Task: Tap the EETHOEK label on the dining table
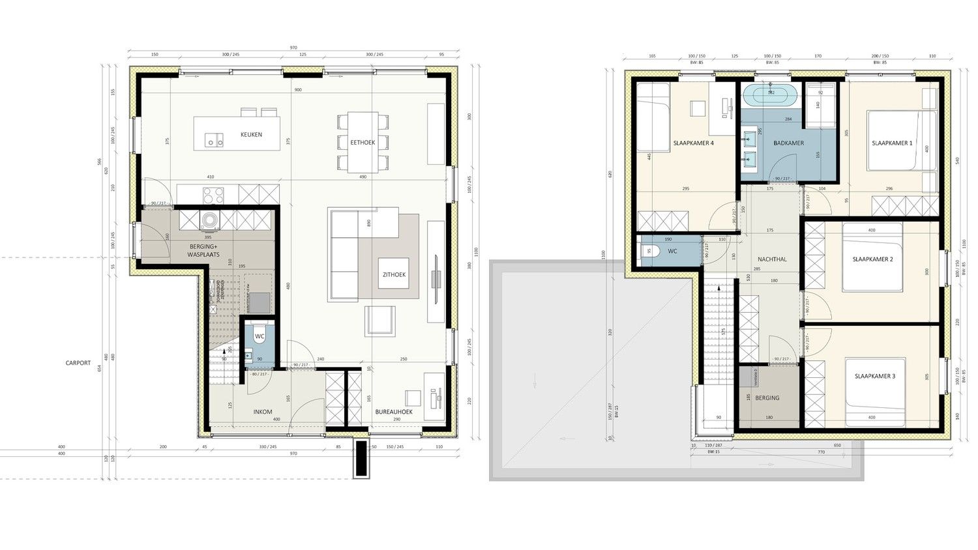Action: tap(363, 143)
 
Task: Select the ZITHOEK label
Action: tap(394, 275)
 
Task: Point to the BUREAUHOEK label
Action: tap(394, 412)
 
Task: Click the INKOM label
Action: tap(263, 412)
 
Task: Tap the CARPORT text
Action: tap(78, 363)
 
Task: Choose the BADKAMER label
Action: tap(788, 143)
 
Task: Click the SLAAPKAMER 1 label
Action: tap(892, 143)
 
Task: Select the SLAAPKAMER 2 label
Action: tap(872, 259)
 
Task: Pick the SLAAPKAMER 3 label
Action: tap(874, 377)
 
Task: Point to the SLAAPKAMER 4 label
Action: tap(694, 143)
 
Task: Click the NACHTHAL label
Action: tap(772, 259)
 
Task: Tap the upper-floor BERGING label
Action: tap(767, 398)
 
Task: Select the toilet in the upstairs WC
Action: tap(651, 251)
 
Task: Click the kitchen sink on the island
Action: tap(213, 139)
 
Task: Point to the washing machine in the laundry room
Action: tap(210, 220)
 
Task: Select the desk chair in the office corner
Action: tap(413, 398)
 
